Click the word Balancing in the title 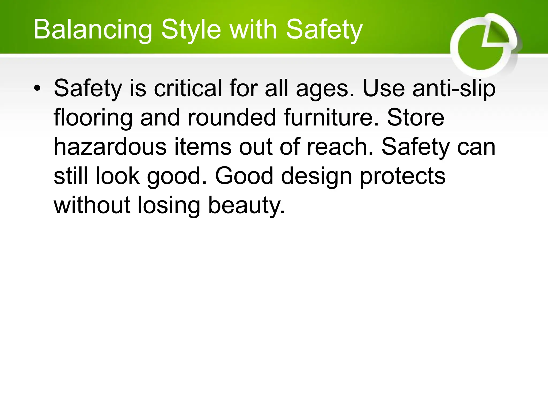(92, 30)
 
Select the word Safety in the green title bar (324, 30)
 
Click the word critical (188, 88)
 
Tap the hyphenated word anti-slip (454, 89)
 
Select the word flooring (93, 118)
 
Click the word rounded (231, 117)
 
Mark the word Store (415, 117)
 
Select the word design (316, 177)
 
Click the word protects (402, 177)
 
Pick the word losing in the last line (169, 206)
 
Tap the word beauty (246, 206)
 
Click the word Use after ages (383, 88)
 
